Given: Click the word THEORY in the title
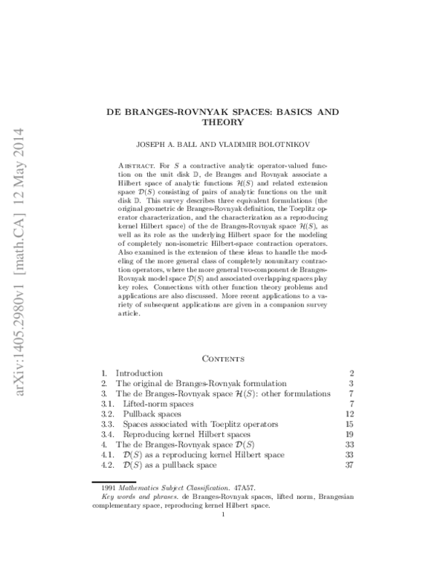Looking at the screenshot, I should click(223, 122).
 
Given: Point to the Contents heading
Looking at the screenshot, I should click(223, 357).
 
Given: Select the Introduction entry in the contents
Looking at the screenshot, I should click(139, 373).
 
